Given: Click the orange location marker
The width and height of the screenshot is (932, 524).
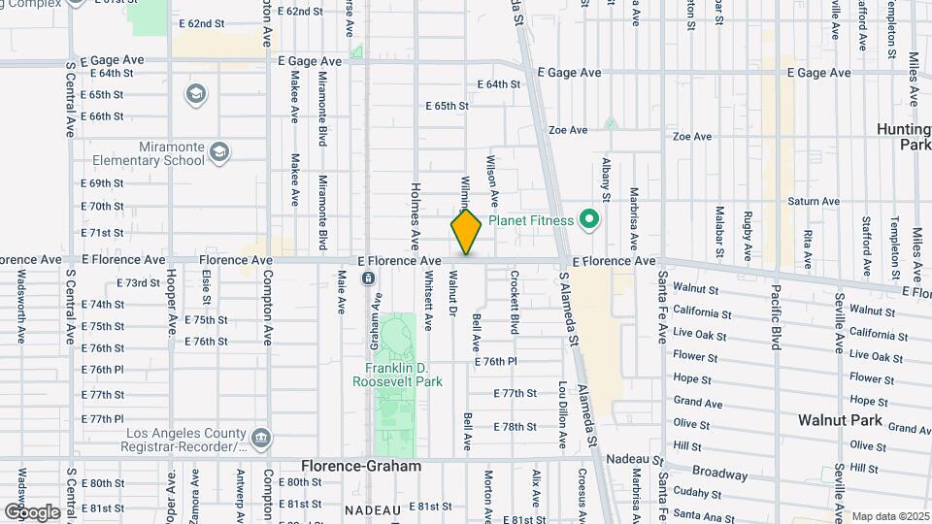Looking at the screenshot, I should [466, 232].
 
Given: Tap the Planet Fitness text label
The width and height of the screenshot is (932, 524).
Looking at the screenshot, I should [531, 221].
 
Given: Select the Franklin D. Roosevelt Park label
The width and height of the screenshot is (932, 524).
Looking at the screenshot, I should [403, 375].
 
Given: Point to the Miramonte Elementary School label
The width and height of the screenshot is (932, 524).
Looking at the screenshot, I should [144, 153].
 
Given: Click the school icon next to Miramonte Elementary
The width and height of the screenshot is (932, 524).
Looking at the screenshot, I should [219, 151].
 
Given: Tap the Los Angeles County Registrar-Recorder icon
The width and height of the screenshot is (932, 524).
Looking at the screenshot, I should [260, 439].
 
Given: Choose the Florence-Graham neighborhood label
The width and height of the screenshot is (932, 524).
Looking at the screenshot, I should [361, 466].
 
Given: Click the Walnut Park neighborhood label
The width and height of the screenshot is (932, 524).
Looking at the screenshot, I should [840, 420].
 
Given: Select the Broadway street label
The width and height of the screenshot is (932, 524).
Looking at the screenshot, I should [721, 475].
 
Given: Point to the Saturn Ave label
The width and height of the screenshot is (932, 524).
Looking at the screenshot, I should [814, 202].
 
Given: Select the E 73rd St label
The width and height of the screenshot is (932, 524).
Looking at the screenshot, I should [138, 282].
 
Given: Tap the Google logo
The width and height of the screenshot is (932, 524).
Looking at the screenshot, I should [31, 511].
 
